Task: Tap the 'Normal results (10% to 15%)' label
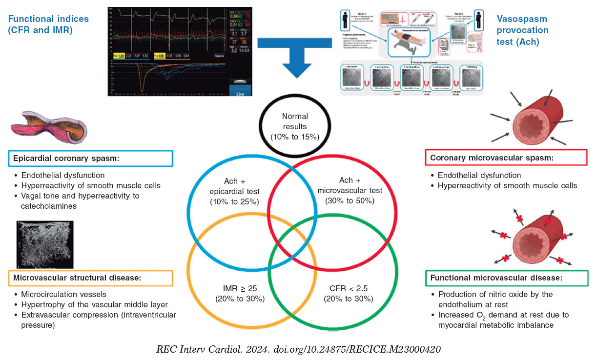coord(294,127)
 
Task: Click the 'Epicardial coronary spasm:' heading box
coord(91,159)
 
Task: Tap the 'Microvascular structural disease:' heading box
coord(91,278)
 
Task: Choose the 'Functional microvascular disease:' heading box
coord(506,278)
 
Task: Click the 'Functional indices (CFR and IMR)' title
coord(48,24)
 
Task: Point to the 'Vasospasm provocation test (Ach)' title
coord(522,30)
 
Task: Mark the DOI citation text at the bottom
coord(298,350)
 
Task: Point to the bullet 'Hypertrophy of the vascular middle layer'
coord(94,304)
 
